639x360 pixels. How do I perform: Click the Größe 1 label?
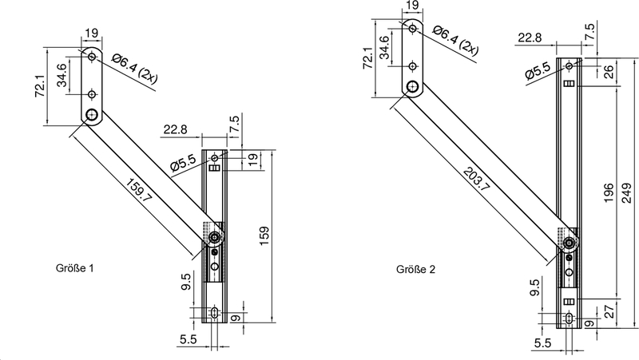(76, 269)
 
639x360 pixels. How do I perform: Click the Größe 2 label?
(415, 269)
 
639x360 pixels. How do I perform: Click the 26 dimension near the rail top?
(609, 73)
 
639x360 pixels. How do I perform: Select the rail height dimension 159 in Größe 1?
(264, 234)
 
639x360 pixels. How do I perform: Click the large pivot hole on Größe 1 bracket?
(93, 114)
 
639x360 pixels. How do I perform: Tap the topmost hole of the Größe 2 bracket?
(412, 29)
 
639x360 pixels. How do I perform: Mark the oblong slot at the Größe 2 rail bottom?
(568, 319)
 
